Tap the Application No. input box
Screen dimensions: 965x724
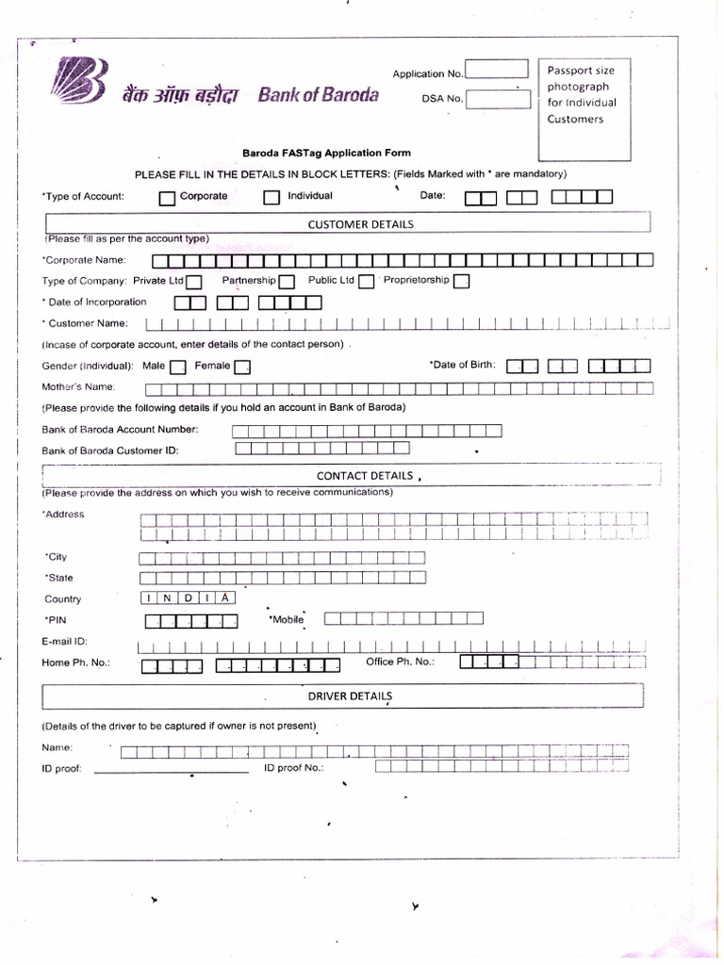click(x=497, y=70)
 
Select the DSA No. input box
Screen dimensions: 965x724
click(x=497, y=98)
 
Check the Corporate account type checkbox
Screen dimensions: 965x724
click(x=167, y=198)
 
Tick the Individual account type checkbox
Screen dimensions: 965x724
click(x=271, y=198)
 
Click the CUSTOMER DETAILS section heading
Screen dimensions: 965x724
click(x=360, y=224)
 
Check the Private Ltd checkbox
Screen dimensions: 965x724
click(x=194, y=282)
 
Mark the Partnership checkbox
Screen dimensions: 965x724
click(x=287, y=282)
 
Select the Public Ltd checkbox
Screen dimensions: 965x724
click(x=367, y=282)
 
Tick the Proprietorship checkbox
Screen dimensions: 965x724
click(x=462, y=282)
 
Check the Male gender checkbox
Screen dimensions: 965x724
click(x=177, y=367)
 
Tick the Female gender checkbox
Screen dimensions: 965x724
click(x=241, y=367)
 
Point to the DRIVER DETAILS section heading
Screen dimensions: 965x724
click(x=349, y=695)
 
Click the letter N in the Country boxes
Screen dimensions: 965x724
click(x=171, y=598)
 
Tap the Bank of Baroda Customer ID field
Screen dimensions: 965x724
click(x=321, y=450)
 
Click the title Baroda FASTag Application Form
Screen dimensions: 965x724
click(x=326, y=153)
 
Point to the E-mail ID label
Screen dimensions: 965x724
click(x=65, y=642)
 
